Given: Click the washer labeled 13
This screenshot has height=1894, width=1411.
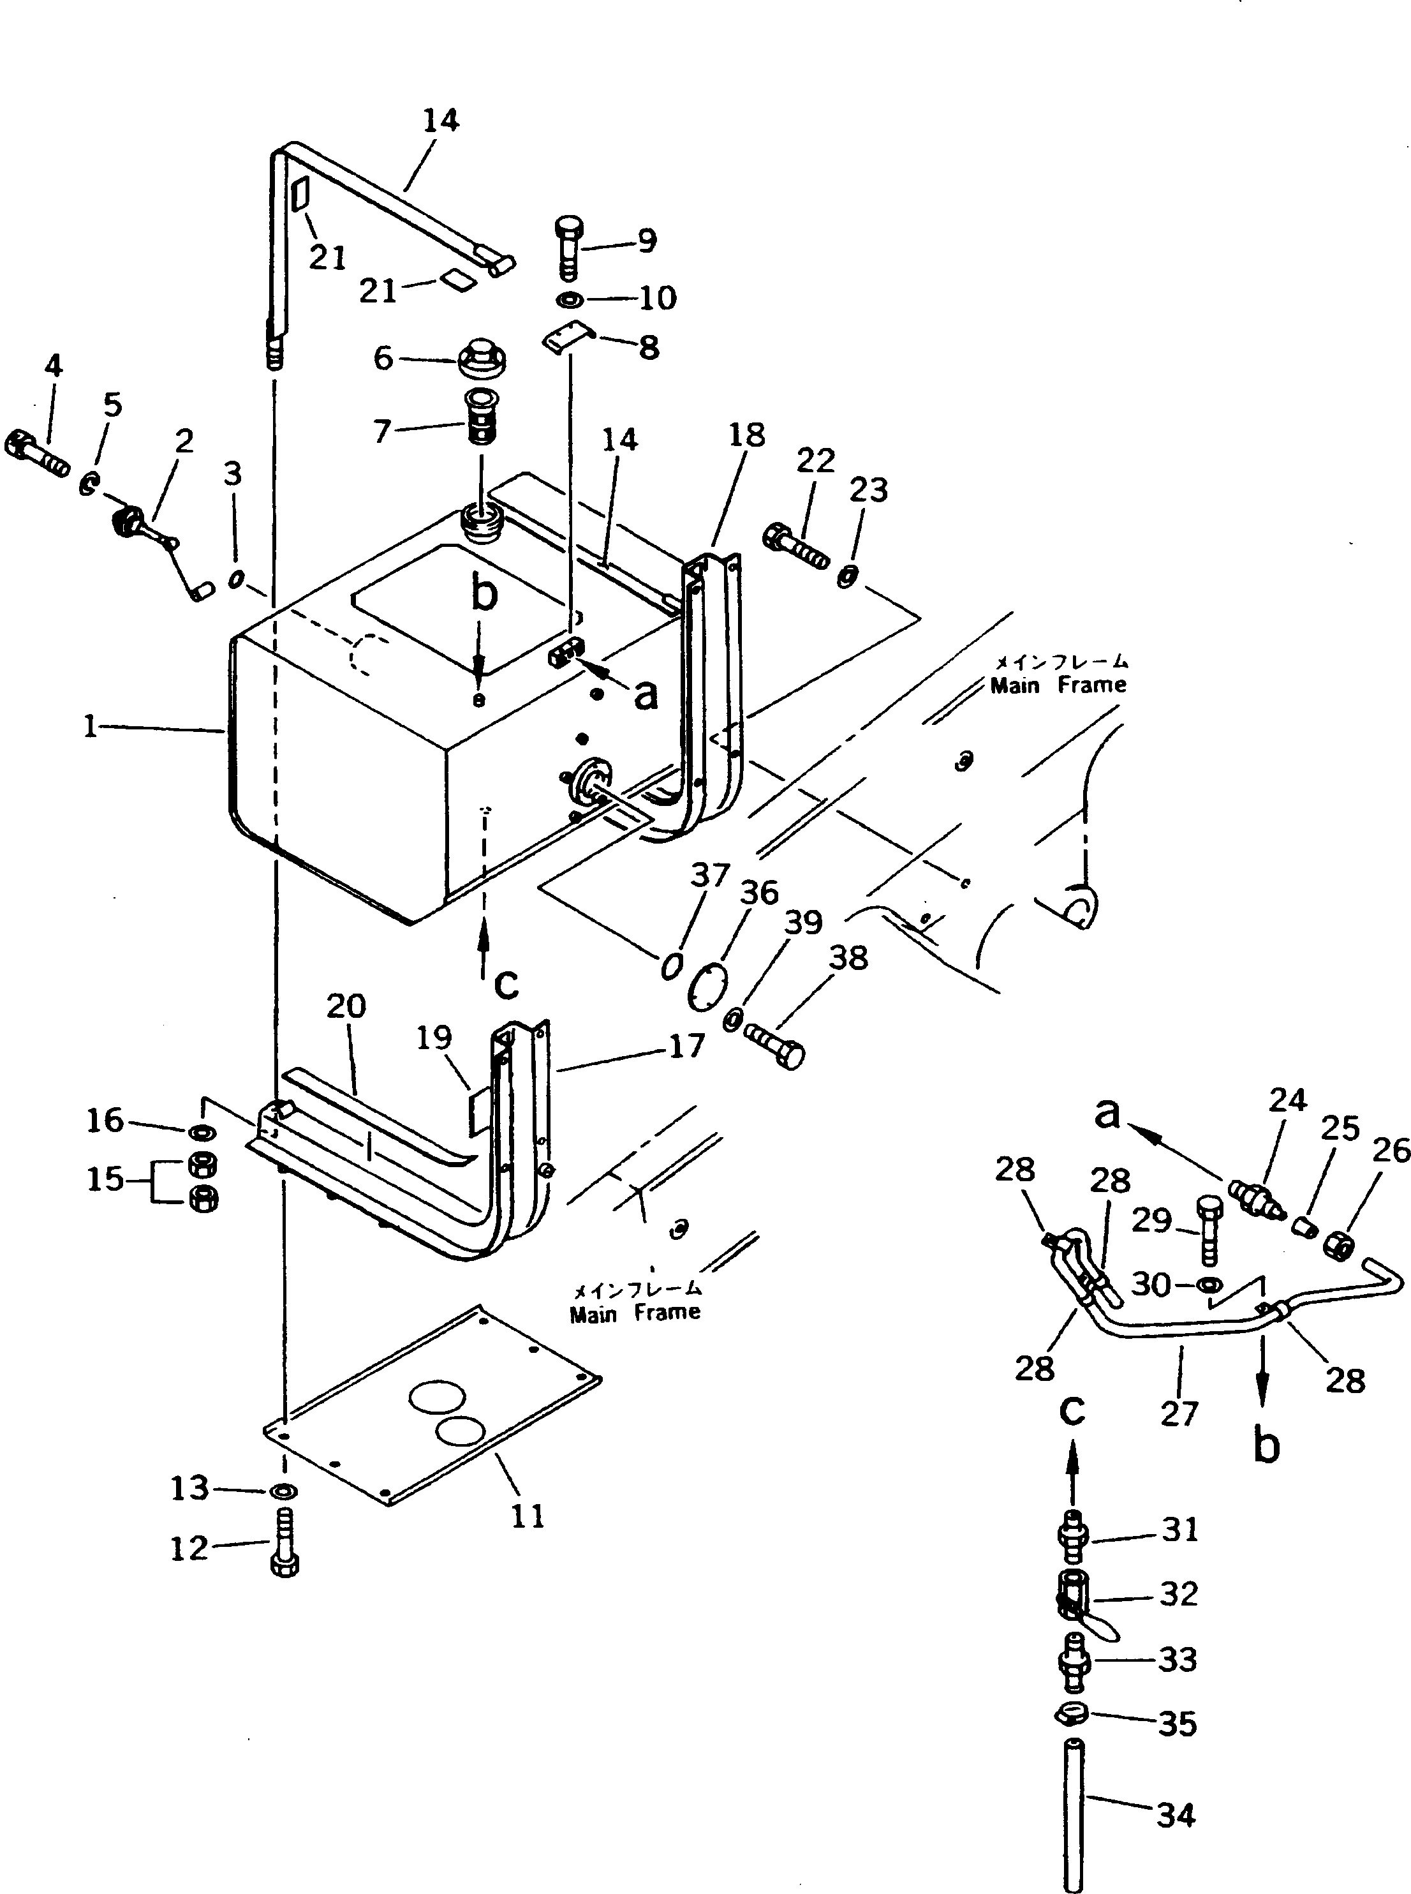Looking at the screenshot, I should pos(283,1491).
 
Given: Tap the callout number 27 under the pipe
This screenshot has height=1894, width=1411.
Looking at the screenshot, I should pos(1179,1414).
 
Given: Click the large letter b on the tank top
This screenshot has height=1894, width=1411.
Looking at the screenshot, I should pos(484,593).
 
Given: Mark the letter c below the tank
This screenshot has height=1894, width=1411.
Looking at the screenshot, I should pos(506,984).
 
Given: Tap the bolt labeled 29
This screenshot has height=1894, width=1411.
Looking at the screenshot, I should pos(1209,1230).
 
